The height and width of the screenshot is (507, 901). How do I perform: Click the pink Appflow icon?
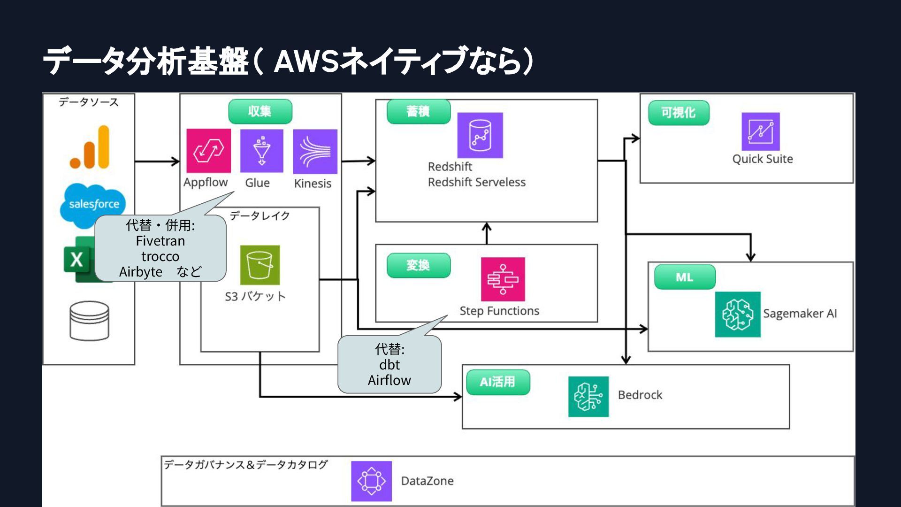[x=208, y=151]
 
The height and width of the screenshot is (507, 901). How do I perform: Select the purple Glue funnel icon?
[x=261, y=151]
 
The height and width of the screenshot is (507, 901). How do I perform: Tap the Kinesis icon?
[x=315, y=151]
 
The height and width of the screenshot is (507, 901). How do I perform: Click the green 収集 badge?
[x=260, y=112]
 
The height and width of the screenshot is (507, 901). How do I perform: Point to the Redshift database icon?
[x=480, y=135]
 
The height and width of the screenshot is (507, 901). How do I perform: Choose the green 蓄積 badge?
[x=418, y=112]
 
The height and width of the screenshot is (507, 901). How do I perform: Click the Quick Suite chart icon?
[x=760, y=131]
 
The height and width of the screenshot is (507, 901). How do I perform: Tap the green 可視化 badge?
[x=678, y=113]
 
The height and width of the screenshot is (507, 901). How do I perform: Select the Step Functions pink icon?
[x=503, y=279]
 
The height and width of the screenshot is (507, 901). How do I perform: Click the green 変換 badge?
[x=418, y=266]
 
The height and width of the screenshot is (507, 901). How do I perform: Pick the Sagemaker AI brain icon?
[x=737, y=314]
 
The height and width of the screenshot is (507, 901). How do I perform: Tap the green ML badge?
[x=685, y=277]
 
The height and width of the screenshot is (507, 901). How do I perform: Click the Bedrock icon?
[x=588, y=396]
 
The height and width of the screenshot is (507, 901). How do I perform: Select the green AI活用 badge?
[x=498, y=382]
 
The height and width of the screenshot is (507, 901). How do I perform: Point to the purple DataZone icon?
[x=371, y=481]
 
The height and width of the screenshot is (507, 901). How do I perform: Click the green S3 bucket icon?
[x=260, y=265]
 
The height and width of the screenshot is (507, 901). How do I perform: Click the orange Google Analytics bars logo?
[x=90, y=147]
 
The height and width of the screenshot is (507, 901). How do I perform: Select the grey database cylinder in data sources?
[x=89, y=321]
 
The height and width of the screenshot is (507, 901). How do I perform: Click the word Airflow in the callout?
[x=389, y=380]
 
